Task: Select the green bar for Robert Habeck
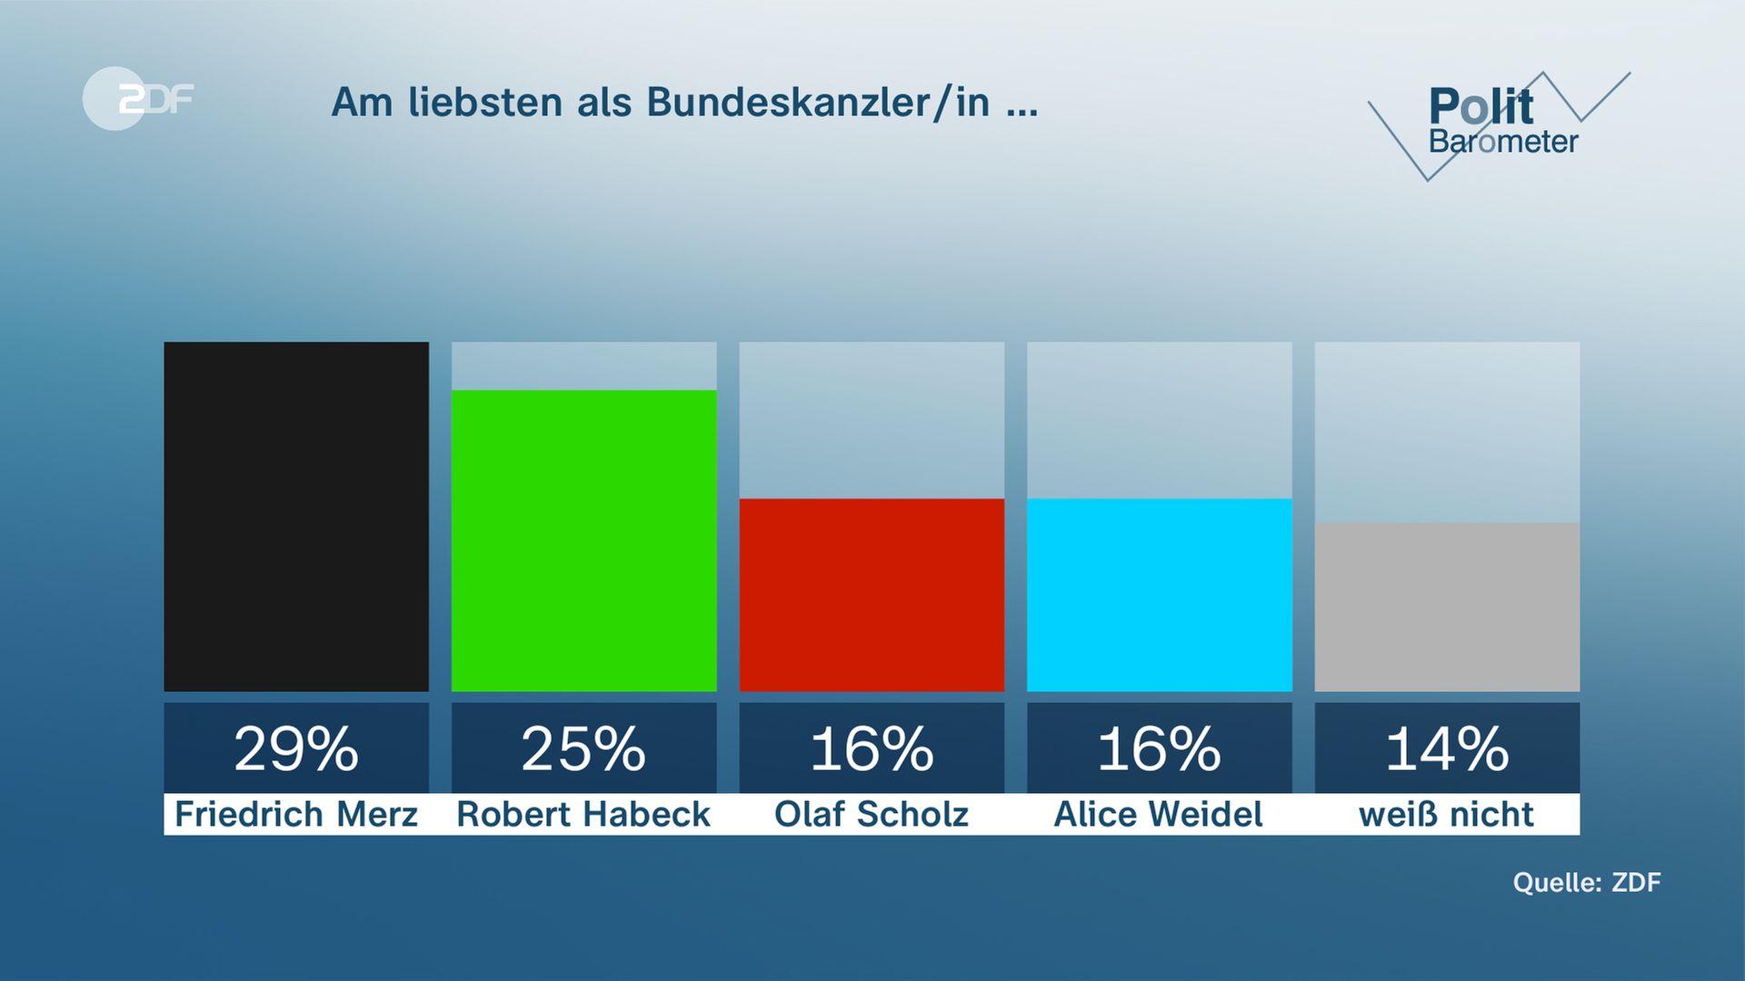tap(583, 540)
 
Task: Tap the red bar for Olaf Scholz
tap(872, 595)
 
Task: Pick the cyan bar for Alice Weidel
tap(1159, 595)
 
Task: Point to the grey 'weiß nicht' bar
tap(1447, 607)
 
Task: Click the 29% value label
tap(296, 749)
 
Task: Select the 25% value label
tap(583, 749)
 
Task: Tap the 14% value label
tap(1447, 749)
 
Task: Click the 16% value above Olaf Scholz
tap(872, 749)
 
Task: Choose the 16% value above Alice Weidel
tap(1159, 749)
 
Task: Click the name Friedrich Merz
tap(296, 814)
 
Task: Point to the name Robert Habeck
tap(583, 814)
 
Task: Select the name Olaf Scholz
tap(872, 814)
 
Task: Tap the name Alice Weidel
tap(1159, 814)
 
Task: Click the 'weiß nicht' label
tap(1447, 814)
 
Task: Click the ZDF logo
tap(138, 98)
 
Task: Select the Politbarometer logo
tap(1500, 123)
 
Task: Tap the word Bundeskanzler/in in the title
tap(818, 103)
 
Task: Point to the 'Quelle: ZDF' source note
tap(1587, 882)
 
